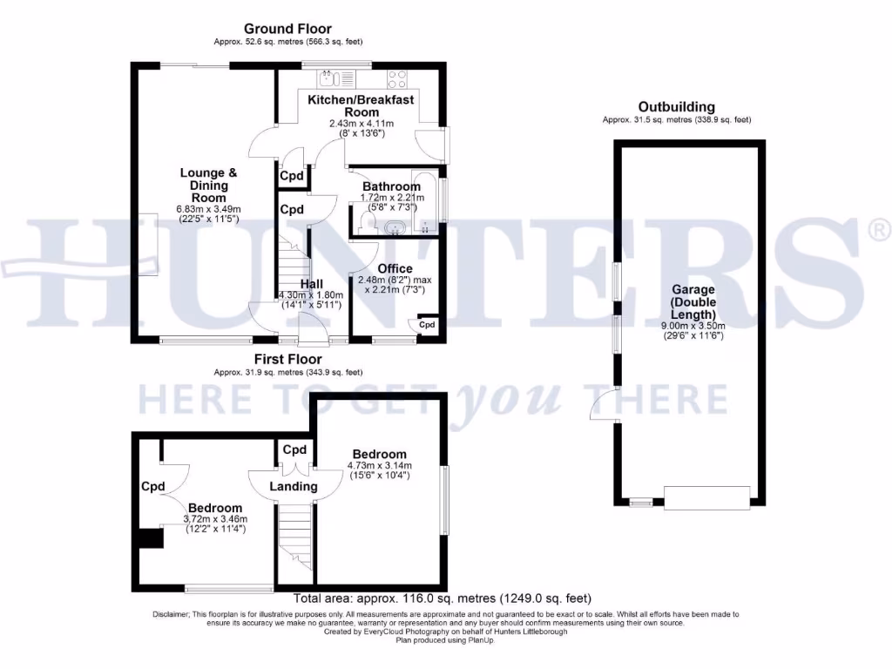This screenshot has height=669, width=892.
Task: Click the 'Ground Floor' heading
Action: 287,29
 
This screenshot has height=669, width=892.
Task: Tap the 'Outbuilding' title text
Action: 676,107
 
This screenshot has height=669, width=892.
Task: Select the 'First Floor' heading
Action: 287,359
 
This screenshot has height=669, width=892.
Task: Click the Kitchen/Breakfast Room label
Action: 361,105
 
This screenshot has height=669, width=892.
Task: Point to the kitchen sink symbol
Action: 328,79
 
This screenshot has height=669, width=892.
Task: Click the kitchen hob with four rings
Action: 398,79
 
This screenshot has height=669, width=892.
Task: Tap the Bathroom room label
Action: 391,186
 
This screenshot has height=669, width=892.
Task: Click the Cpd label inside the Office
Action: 427,325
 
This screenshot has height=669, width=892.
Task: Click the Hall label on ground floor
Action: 311,284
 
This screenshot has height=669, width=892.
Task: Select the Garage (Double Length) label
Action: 693,301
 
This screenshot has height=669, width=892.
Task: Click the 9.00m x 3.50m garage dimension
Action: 693,325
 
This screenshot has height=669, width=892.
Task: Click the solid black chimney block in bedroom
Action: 151,537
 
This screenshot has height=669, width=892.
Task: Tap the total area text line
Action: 443,598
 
